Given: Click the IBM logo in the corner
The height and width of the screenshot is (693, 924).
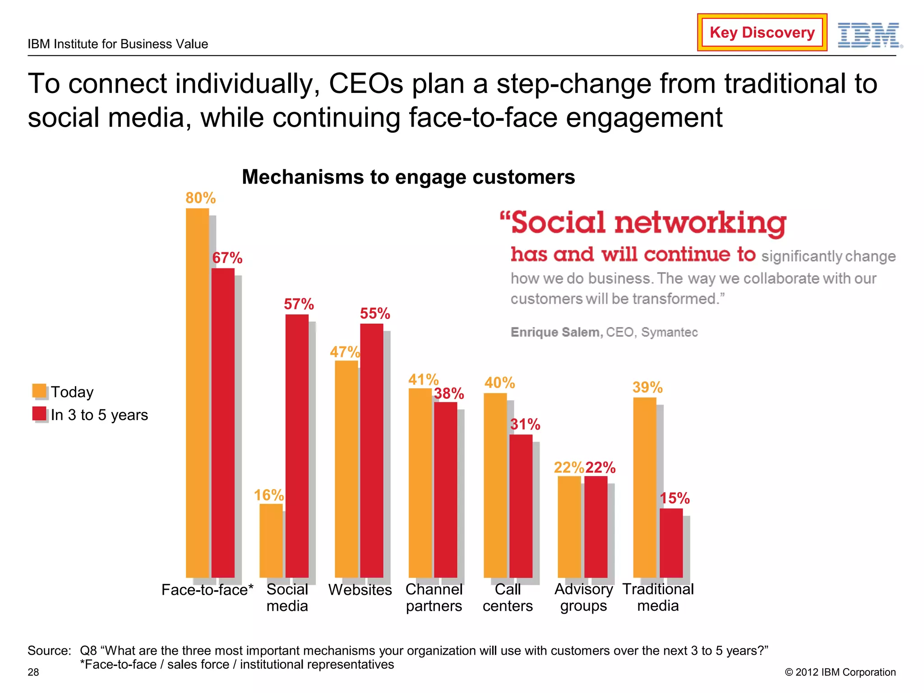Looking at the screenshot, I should point(869,35).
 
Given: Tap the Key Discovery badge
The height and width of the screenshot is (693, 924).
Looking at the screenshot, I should point(762,32).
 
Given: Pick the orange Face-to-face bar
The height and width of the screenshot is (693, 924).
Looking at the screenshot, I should point(197,393).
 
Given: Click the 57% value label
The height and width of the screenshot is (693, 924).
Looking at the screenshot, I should point(299,304).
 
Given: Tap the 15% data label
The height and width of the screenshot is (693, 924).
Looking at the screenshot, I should point(675,498).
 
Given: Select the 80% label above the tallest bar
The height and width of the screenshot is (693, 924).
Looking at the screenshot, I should point(200,198).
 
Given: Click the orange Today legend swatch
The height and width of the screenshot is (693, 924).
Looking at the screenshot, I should point(39,391).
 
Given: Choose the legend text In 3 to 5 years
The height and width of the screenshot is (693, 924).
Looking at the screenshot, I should point(99,415).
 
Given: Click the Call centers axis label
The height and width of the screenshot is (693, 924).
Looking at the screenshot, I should point(508,597).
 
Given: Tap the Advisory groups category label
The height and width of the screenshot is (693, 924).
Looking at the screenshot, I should point(583,597).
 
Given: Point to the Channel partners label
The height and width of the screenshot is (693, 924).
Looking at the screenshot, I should point(434,597).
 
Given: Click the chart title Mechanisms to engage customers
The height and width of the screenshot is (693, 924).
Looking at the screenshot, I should point(408,177).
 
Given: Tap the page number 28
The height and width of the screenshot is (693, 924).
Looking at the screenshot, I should point(33,672).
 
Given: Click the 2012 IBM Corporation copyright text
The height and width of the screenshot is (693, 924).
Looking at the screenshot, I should point(840,672).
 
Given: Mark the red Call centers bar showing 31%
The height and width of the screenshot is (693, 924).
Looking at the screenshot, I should point(521,505).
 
